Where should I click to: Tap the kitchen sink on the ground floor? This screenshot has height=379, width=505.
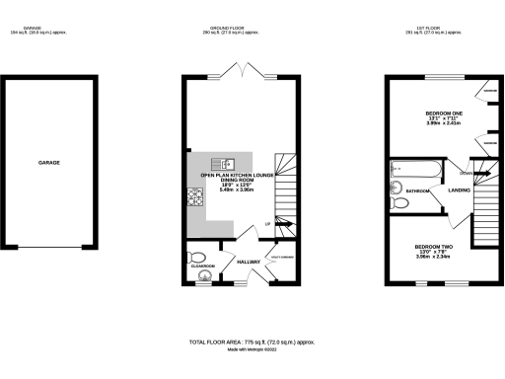226,164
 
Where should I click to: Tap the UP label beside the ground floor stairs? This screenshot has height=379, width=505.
267,225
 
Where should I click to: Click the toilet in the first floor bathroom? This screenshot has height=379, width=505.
399,203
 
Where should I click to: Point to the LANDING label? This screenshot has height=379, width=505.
458,189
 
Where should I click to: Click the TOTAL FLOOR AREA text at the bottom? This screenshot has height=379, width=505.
252,341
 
